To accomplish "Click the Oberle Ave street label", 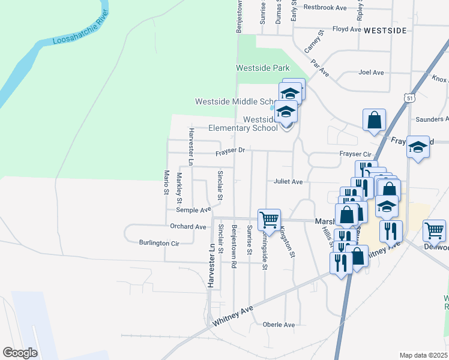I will point(279,325).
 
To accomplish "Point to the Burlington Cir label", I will point(159,244).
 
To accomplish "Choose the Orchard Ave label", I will point(188,227).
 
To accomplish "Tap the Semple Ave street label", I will point(193,210).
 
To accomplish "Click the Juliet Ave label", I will point(288,181).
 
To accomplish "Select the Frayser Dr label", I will point(231,151).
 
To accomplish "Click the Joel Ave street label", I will point(370,73).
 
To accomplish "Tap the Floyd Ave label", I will point(347,29).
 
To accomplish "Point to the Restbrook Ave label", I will point(325,8).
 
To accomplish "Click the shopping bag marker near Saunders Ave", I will point(374,119).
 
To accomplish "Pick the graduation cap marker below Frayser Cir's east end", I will point(418,147).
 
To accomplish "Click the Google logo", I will point(20,353).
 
